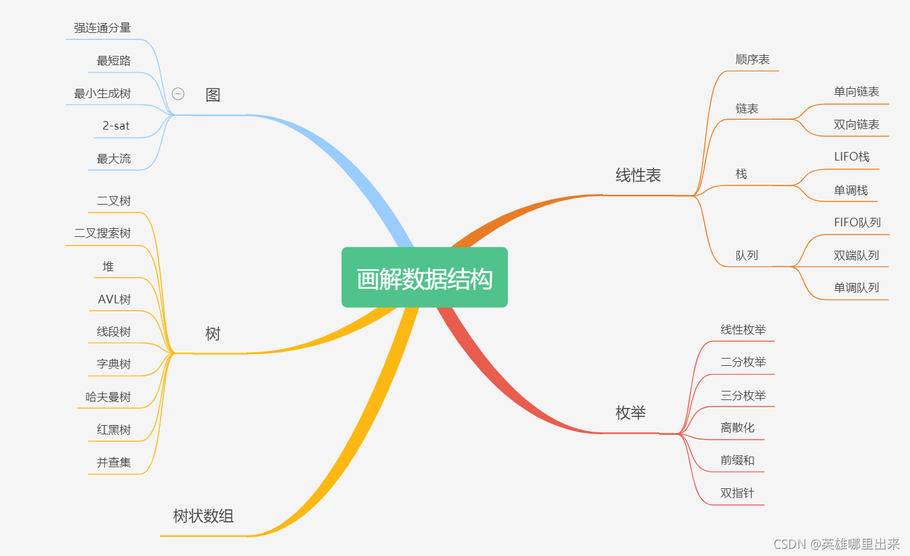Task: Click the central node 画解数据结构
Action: click(x=424, y=278)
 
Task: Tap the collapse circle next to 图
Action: click(x=178, y=94)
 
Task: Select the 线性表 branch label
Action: click(x=638, y=175)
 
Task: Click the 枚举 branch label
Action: click(x=630, y=413)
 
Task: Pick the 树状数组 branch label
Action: click(x=203, y=516)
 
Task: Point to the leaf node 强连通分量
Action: click(x=102, y=28)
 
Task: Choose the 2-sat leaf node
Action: click(x=116, y=126)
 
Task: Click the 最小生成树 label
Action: click(x=102, y=93)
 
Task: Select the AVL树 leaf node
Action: click(x=114, y=299)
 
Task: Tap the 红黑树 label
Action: click(x=114, y=430)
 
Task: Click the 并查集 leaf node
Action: click(x=114, y=463)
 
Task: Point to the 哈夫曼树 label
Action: click(x=108, y=397)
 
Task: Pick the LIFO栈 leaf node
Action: click(x=851, y=157)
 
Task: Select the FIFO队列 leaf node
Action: click(x=857, y=222)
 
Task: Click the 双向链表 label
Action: click(x=856, y=124)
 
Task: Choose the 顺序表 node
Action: click(x=752, y=59)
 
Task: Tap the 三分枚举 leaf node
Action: click(x=743, y=395)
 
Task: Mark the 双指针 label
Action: click(x=737, y=493)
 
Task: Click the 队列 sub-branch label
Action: click(x=747, y=255)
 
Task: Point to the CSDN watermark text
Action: click(x=836, y=543)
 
